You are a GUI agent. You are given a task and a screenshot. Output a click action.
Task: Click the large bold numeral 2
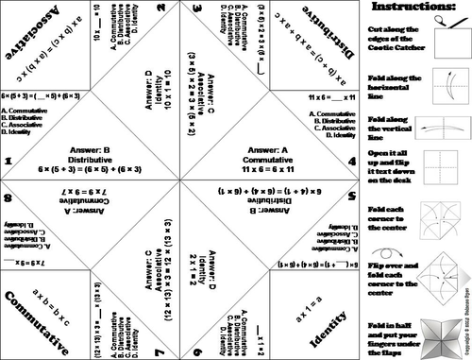coord(161,9)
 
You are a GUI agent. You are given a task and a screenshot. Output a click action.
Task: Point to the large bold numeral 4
coord(351,162)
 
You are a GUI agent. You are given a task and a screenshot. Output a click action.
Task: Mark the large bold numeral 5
coord(351,198)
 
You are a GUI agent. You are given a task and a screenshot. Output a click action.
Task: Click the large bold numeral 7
coord(160,351)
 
